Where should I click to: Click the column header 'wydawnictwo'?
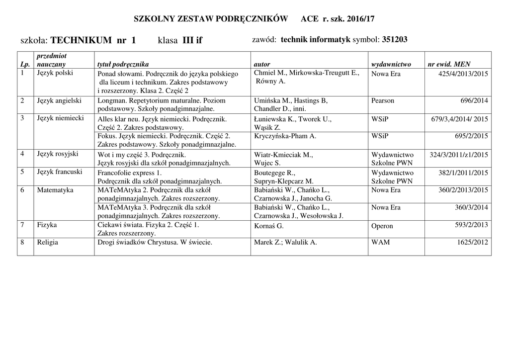[391, 65]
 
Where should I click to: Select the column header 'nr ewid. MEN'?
[449, 65]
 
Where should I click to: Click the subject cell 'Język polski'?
[55, 73]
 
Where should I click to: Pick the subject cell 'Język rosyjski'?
[58, 154]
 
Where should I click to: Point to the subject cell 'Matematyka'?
[55, 190]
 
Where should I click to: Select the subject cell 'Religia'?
[48, 242]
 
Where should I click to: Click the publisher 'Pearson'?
[383, 100]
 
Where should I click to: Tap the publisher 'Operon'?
[382, 226]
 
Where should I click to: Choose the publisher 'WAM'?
[381, 242]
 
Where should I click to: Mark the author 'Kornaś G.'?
[269, 226]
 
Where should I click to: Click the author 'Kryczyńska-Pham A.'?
[285, 136]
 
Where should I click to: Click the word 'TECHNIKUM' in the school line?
[81, 40]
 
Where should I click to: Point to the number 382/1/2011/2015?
[463, 172]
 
